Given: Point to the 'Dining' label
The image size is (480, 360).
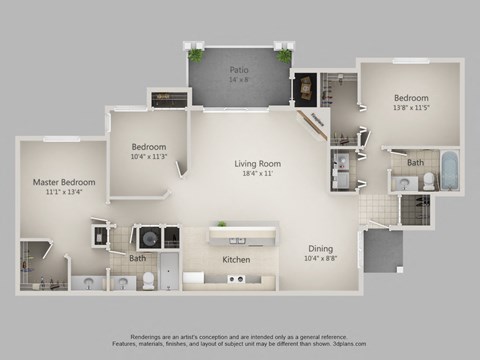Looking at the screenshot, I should coord(320,249).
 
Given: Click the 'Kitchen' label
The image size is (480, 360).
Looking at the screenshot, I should coord(236,260).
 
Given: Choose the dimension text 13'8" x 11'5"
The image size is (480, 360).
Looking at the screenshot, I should coord(410,111).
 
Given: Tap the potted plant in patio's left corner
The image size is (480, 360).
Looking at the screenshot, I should coord(195,53).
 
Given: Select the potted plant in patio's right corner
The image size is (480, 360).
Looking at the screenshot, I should coord(284,54).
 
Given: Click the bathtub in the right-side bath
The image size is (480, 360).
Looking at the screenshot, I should coord(449,171).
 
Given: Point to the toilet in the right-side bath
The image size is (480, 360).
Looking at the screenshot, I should coord(428,181).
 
